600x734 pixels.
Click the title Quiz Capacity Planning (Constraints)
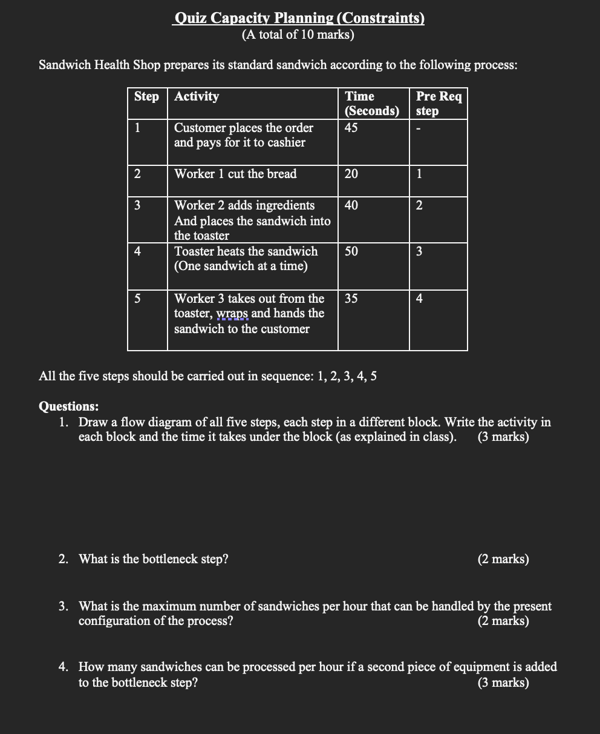pyautogui.click(x=298, y=18)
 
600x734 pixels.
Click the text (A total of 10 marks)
pyautogui.click(x=298, y=35)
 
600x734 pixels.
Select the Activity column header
pyautogui.click(x=197, y=96)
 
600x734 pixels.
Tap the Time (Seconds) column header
pyautogui.click(x=371, y=104)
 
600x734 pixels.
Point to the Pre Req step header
pyautogui.click(x=439, y=104)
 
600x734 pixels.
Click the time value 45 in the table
pyautogui.click(x=351, y=128)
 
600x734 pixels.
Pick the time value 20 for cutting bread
pyautogui.click(x=351, y=174)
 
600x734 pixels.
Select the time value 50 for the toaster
pyautogui.click(x=351, y=251)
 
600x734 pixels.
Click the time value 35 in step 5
pyautogui.click(x=351, y=299)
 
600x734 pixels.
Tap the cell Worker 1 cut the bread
pyautogui.click(x=235, y=174)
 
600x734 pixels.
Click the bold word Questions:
pyautogui.click(x=68, y=406)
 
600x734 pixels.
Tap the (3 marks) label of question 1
pyautogui.click(x=503, y=437)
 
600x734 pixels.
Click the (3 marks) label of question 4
pyautogui.click(x=503, y=683)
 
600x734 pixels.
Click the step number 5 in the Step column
pyautogui.click(x=137, y=299)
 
